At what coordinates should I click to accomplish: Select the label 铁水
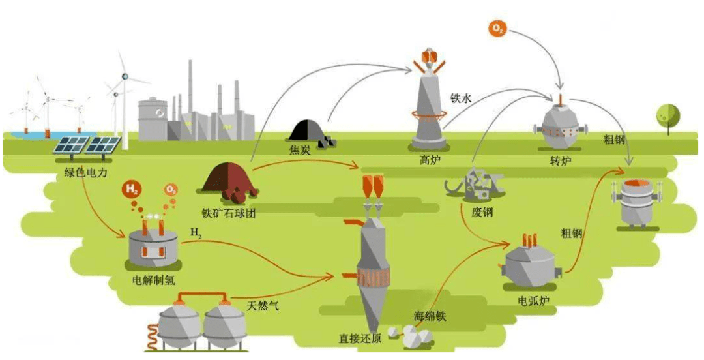(460, 98)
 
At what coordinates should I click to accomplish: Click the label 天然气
(263, 305)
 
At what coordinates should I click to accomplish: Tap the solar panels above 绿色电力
(87, 147)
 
